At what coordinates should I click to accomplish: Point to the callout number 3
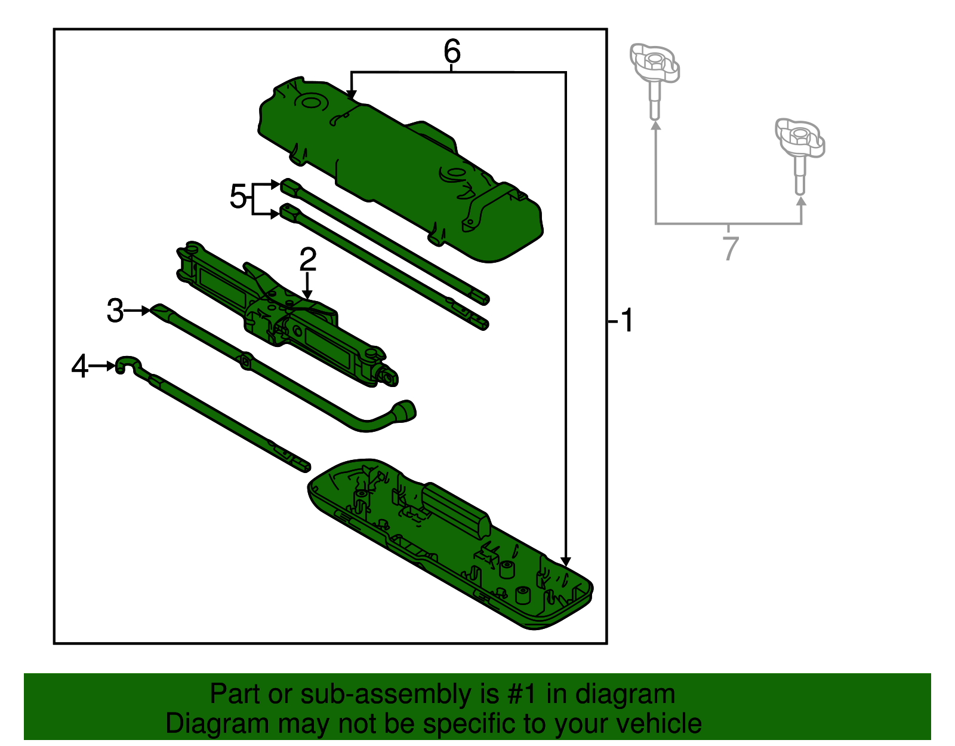(115, 311)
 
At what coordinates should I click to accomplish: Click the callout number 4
(79, 366)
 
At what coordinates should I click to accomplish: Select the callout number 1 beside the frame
(626, 321)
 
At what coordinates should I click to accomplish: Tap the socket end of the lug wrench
(405, 412)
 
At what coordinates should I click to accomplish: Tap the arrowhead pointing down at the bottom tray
(566, 562)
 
